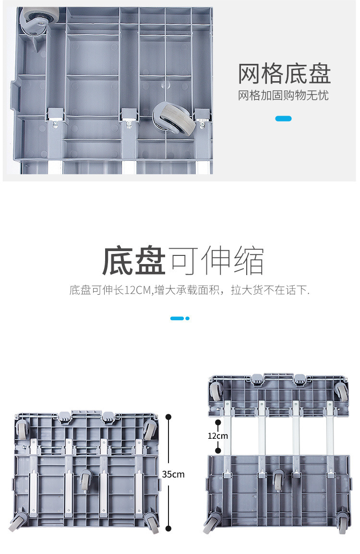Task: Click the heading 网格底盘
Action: point(285,73)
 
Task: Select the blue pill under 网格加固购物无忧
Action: point(283,119)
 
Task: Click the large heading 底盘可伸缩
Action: point(182,261)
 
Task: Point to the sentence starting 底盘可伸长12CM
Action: point(190,290)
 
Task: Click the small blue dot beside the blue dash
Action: point(188,318)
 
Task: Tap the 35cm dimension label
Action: point(173,474)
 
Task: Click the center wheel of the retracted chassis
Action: point(85,479)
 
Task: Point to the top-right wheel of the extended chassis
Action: point(341,391)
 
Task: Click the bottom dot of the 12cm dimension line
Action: point(217,451)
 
